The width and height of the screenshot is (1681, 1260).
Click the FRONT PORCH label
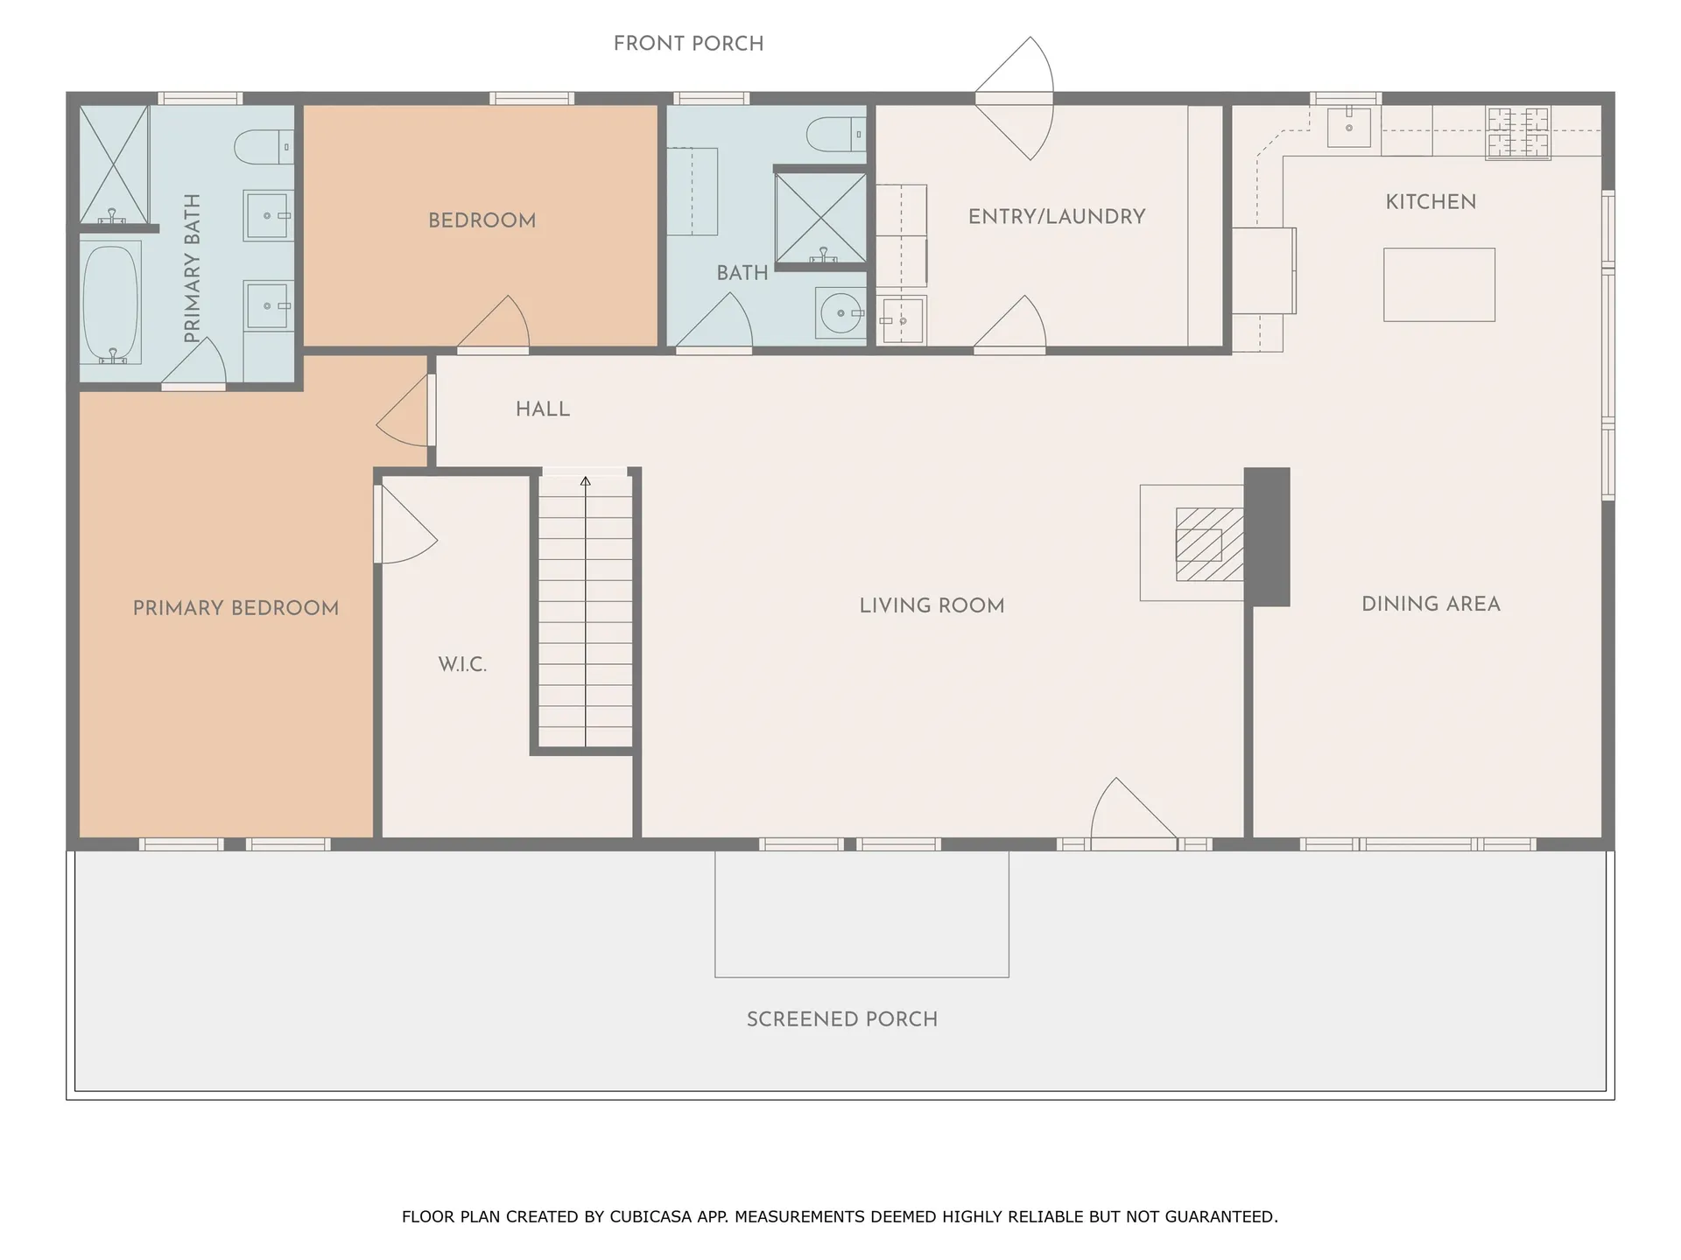[688, 44]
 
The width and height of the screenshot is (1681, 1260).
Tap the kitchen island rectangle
[1438, 284]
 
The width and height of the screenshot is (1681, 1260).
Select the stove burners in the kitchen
[1518, 132]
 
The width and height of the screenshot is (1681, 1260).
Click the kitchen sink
[1348, 128]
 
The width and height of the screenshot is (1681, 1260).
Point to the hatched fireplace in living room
[1208, 544]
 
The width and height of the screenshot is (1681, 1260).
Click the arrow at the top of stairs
[585, 481]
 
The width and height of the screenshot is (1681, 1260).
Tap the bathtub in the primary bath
[111, 302]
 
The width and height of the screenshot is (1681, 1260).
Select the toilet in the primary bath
[263, 146]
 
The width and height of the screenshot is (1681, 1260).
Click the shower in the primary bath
[114, 164]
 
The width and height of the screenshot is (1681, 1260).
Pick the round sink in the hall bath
[840, 312]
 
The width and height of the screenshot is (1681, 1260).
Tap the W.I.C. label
[462, 664]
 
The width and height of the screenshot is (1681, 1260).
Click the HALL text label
[542, 409]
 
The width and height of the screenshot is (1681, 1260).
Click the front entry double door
[1016, 98]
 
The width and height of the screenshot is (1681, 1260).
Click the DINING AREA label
[1431, 604]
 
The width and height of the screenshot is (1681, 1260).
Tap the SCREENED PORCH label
[841, 1019]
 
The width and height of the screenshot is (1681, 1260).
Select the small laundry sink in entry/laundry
[902, 320]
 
